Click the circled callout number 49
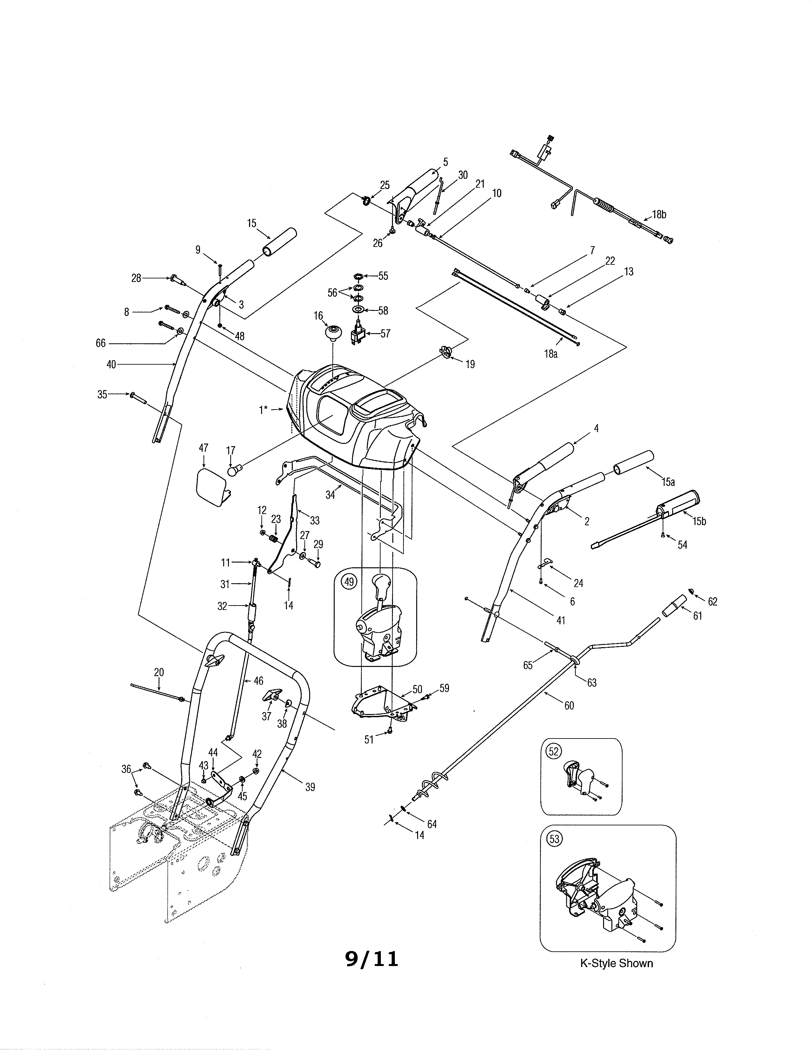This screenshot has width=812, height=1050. pyautogui.click(x=349, y=582)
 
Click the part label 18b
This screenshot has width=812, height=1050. pyautogui.click(x=659, y=214)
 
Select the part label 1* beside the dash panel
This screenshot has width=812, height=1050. pyautogui.click(x=263, y=409)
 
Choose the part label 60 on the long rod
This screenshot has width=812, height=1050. pyautogui.click(x=569, y=705)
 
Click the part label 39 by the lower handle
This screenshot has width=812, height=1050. pyautogui.click(x=310, y=787)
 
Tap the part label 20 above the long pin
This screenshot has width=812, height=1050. pyautogui.click(x=159, y=672)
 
